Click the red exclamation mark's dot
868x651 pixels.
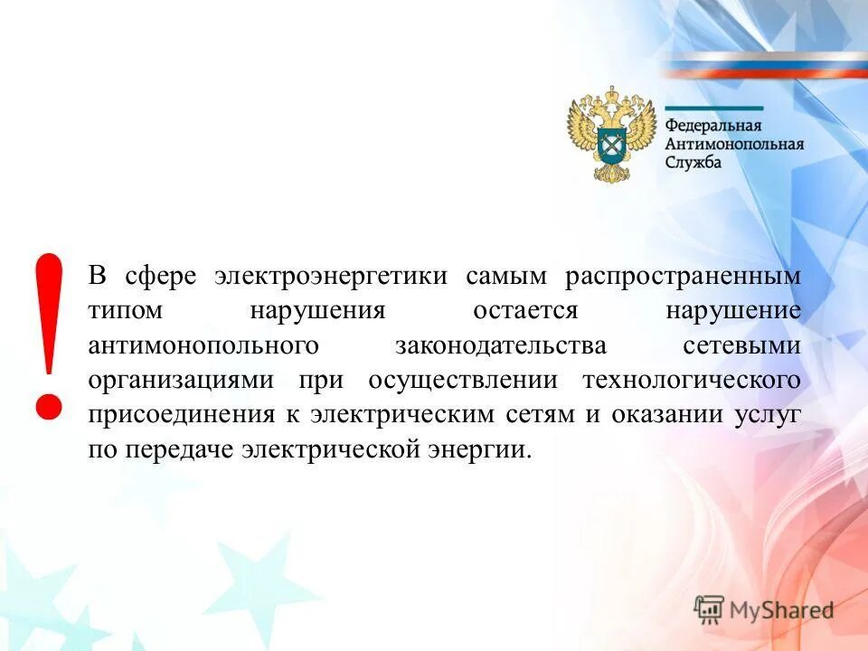click(48, 402)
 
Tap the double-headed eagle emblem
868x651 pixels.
click(611, 134)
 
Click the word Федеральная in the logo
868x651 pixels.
click(713, 125)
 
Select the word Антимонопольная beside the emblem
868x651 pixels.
click(734, 143)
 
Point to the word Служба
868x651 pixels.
click(693, 162)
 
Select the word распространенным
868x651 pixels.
click(684, 276)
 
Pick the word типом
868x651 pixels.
click(126, 311)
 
